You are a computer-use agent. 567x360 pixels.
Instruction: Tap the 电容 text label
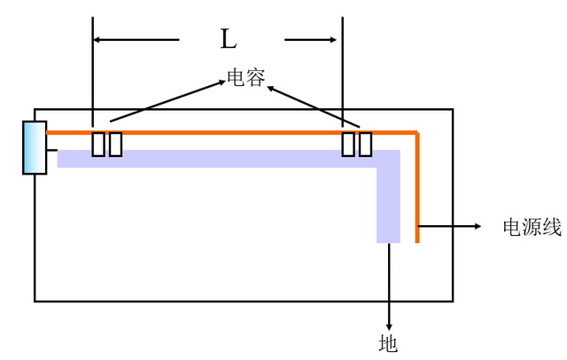click(246, 79)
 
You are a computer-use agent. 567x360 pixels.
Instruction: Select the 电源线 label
click(532, 227)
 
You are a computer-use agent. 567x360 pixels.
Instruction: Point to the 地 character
click(388, 342)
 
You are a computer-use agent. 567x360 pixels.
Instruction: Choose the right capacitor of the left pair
click(115, 144)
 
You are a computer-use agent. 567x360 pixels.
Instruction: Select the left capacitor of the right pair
click(349, 144)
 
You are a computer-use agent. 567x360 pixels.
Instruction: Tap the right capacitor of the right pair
click(364, 144)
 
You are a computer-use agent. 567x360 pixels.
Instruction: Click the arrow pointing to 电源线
click(452, 226)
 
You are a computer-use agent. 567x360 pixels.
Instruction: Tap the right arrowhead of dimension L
click(333, 39)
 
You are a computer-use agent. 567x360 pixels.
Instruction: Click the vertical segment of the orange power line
click(416, 186)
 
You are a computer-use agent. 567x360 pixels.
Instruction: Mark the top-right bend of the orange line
click(416, 134)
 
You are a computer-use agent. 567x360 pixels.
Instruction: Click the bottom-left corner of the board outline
click(35, 301)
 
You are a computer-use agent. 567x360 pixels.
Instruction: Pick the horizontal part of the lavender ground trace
click(221, 159)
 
